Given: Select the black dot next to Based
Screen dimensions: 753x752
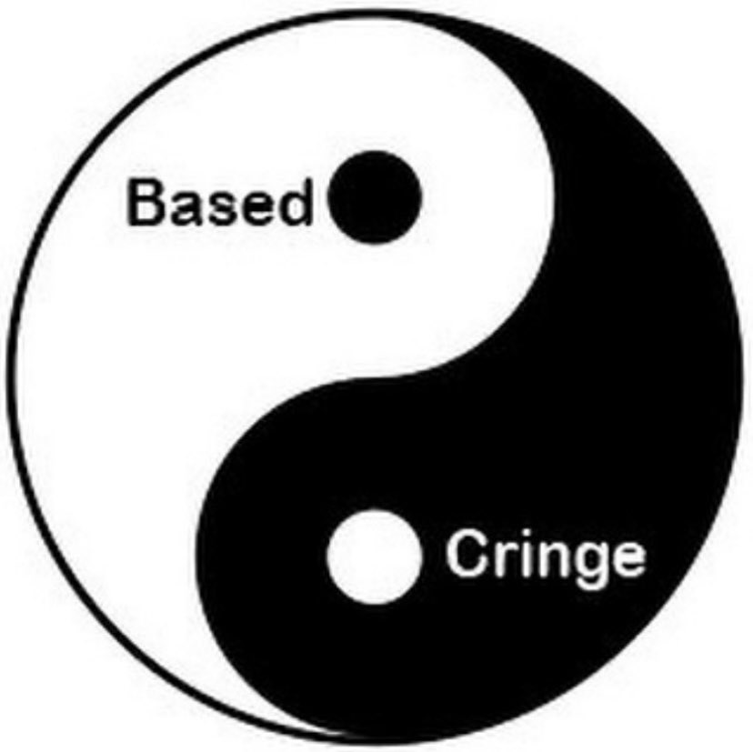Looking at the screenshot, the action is click(375, 197).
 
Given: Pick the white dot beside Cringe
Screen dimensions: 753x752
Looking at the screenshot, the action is click(374, 556).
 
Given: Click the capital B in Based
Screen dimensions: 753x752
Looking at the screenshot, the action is click(146, 203).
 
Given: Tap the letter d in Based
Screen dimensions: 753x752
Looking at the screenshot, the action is click(295, 203).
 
